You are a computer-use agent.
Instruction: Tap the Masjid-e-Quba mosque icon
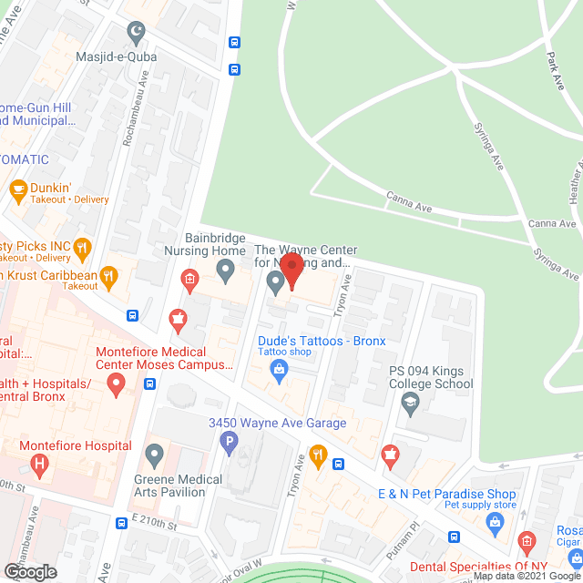pos(138,36)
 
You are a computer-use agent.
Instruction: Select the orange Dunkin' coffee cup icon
pos(16,189)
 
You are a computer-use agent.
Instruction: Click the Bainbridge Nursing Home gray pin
pos(226,270)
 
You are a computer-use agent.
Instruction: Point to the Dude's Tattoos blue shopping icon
pos(280,370)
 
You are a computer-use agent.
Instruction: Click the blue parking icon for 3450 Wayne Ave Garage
pos(230,443)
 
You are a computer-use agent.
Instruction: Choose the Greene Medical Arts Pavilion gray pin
pos(155,453)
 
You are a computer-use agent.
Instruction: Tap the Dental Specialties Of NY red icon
pos(526,543)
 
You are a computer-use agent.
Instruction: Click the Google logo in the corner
pos(29,571)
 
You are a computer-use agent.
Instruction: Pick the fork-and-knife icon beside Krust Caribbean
pos(108,274)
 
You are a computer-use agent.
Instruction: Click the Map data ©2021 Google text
pos(523,575)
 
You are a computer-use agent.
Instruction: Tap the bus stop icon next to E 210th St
pos(121,524)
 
